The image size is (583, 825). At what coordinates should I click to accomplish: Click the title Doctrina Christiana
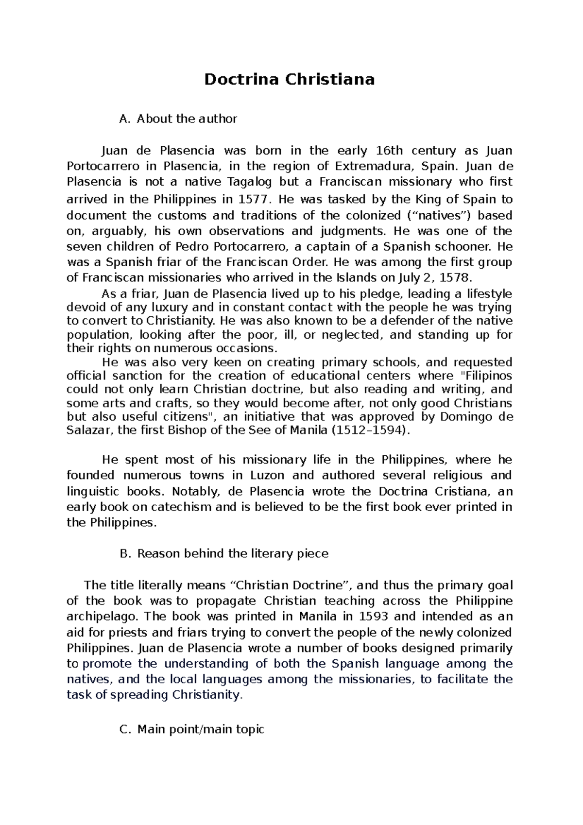click(x=289, y=79)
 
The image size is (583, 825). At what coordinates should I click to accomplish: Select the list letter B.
click(x=123, y=553)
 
